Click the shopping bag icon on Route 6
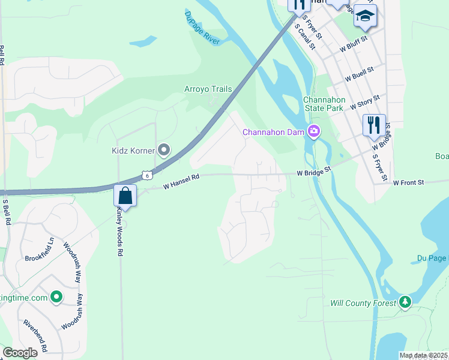[125, 196]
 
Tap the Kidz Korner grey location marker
[163, 150]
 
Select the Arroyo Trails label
[208, 89]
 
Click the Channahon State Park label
[323, 104]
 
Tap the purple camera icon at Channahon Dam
[313, 131]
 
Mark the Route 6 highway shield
[146, 175]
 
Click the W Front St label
[408, 182]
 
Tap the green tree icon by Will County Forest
[406, 302]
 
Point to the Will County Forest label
[363, 303]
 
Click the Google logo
[20, 353]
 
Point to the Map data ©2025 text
[424, 355]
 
